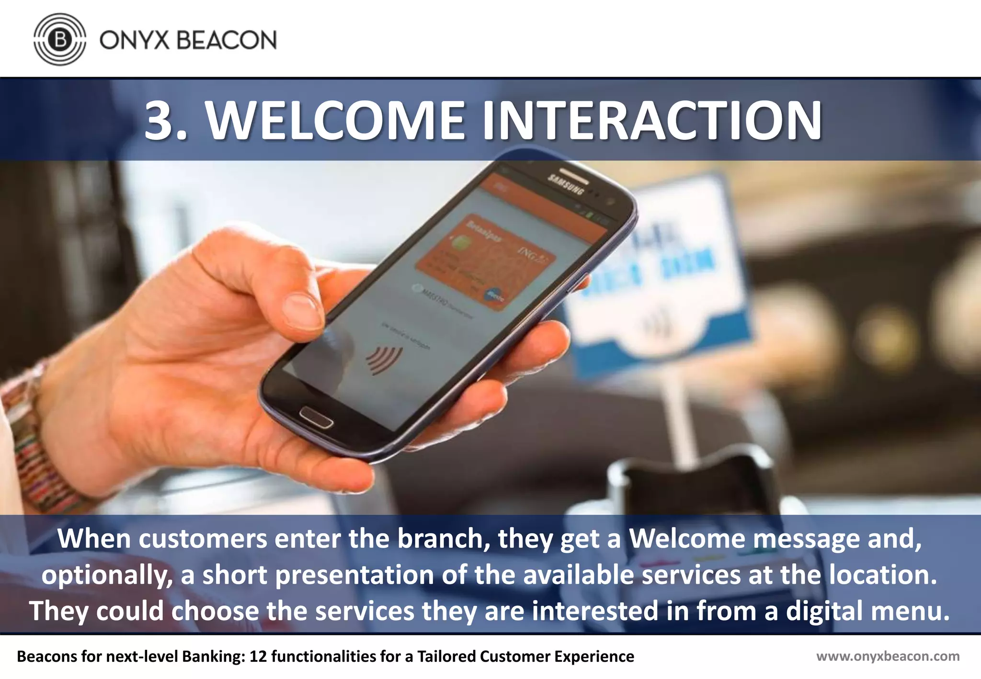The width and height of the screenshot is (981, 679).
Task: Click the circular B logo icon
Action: tap(60, 39)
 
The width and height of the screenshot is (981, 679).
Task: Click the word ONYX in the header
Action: tap(135, 40)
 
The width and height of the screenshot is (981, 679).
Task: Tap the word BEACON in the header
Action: tap(227, 40)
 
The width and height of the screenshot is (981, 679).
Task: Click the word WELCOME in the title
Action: tap(335, 121)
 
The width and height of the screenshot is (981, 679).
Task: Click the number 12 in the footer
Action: tap(258, 656)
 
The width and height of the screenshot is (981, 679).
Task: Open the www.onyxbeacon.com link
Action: tap(888, 656)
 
